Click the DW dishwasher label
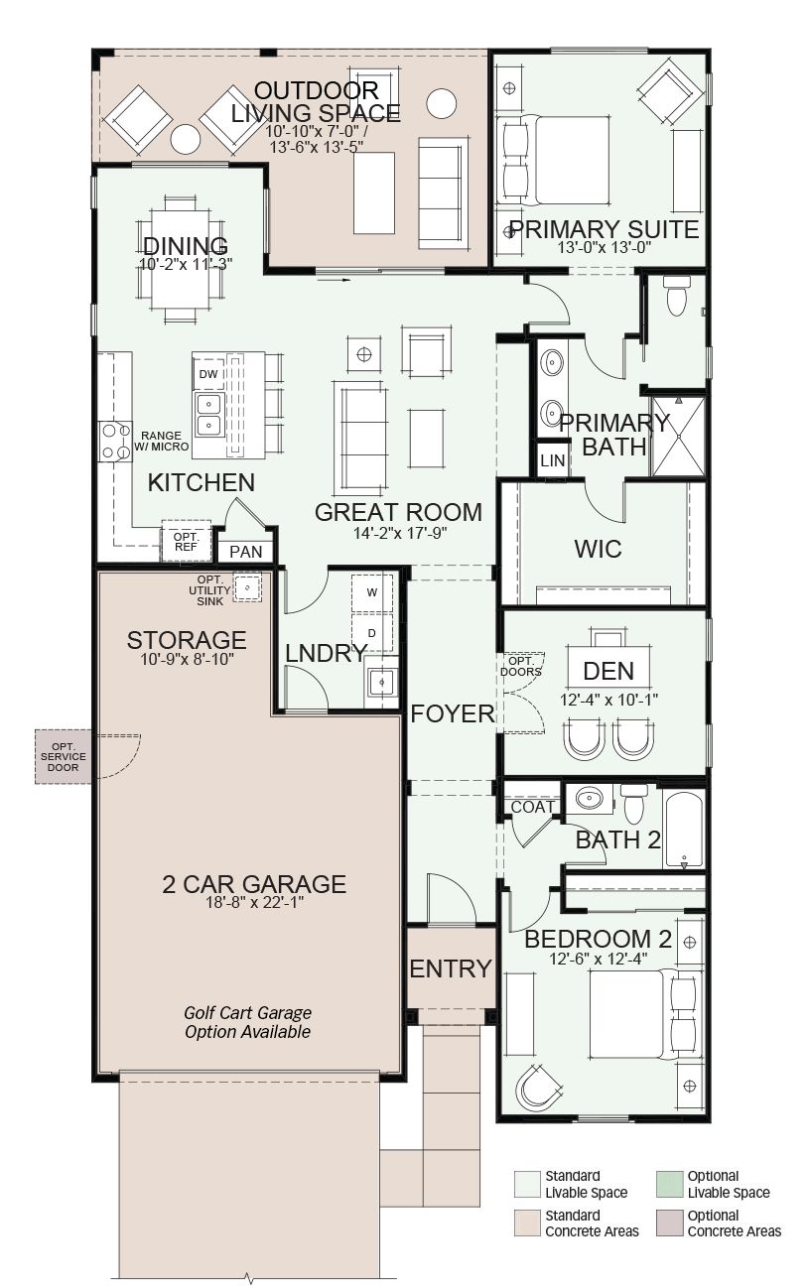pyautogui.click(x=208, y=374)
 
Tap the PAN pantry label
pyautogui.click(x=245, y=552)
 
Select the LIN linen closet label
pyautogui.click(x=552, y=460)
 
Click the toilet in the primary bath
pyautogui.click(x=677, y=296)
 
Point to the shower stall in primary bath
pyautogui.click(x=679, y=437)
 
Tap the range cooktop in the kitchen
pyautogui.click(x=115, y=441)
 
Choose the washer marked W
pyautogui.click(x=372, y=592)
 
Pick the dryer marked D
pyautogui.click(x=372, y=633)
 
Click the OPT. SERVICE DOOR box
pyautogui.click(x=64, y=756)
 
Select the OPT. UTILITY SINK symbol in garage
pyautogui.click(x=247, y=587)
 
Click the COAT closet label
pyautogui.click(x=533, y=807)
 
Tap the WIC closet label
pyautogui.click(x=598, y=549)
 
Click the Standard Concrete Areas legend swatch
pyautogui.click(x=527, y=1224)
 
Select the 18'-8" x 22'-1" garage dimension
pyautogui.click(x=254, y=903)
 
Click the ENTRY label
pyautogui.click(x=451, y=968)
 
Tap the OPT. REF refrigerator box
pyautogui.click(x=186, y=542)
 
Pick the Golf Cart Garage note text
pyautogui.click(x=247, y=1022)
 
